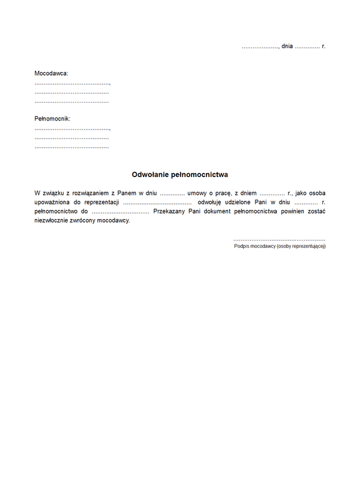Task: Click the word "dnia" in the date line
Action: click(287, 46)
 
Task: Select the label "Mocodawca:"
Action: click(51, 73)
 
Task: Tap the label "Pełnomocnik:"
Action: click(52, 119)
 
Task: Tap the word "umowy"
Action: click(197, 194)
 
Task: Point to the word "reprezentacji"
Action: click(102, 203)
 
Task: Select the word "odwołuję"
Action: click(211, 203)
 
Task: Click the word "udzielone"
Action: click(244, 203)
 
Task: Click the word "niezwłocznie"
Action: click(53, 221)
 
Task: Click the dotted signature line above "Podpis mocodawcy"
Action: click(279, 239)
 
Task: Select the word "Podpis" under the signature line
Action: click(242, 246)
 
